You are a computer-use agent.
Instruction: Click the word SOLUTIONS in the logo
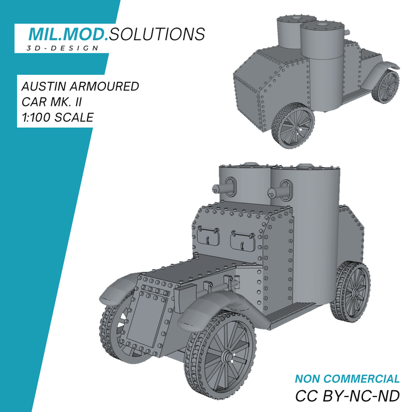tap(156, 34)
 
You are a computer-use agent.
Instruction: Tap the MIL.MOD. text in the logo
tap(68, 34)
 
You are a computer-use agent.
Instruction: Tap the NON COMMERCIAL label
tap(347, 379)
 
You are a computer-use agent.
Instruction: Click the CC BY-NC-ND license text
tap(347, 396)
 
